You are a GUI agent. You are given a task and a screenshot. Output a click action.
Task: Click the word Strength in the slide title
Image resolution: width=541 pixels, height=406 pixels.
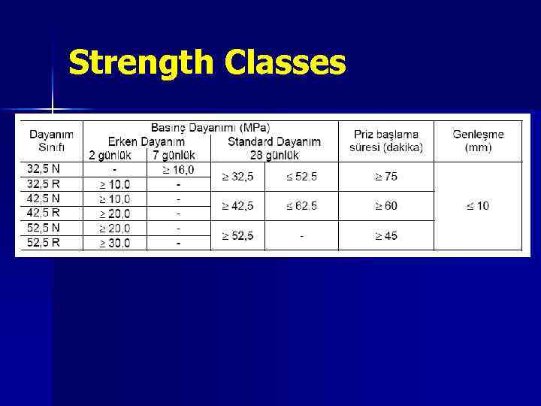142,64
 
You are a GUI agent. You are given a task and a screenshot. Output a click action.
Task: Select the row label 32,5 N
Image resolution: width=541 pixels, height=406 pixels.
44,168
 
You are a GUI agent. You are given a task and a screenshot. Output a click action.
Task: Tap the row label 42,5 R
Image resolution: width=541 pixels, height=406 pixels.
44,213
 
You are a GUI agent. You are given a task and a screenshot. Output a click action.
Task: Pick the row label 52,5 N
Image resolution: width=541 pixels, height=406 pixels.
44,228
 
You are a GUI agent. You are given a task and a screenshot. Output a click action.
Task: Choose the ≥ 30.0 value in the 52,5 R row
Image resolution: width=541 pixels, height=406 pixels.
114,243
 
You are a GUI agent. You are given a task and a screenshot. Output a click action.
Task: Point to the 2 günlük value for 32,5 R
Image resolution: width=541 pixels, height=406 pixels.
114,184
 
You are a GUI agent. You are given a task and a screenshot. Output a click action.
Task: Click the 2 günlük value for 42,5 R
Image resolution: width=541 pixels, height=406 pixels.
114,214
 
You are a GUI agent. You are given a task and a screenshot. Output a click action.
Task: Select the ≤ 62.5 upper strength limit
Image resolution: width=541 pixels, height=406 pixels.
301,206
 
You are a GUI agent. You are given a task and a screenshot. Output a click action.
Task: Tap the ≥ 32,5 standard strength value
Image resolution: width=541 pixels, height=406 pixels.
237,177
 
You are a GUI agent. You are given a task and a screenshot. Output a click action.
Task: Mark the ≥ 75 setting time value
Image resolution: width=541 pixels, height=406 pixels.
386,177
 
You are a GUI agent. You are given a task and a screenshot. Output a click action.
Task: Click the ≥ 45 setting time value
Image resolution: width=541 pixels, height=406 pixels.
386,236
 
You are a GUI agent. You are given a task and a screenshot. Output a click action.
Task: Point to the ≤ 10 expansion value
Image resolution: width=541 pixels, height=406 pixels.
477,206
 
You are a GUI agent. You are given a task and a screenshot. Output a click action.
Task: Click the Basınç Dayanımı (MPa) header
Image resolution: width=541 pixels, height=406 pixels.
210,128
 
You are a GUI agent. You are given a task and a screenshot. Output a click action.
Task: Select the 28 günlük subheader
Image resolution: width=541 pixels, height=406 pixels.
274,155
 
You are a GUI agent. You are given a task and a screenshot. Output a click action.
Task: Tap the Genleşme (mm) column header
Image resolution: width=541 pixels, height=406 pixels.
478,141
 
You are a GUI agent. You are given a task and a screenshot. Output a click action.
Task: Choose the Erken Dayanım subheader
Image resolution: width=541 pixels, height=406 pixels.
146,141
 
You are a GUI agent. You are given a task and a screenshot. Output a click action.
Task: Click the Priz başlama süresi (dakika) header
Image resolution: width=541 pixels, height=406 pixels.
386,141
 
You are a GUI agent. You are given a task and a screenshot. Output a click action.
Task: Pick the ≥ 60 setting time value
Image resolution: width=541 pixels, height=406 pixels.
386,206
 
